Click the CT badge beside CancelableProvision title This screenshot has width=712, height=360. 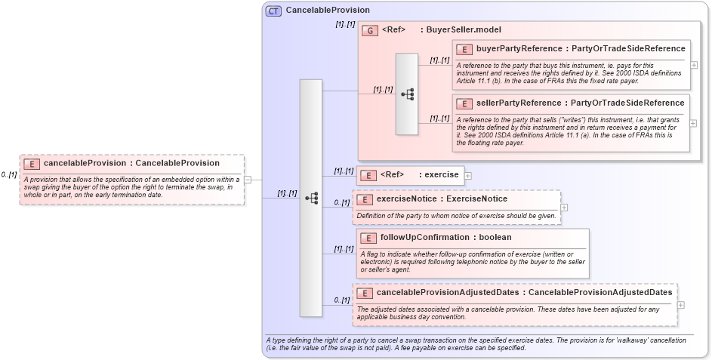(x=273, y=11)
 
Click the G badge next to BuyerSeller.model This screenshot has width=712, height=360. (x=370, y=30)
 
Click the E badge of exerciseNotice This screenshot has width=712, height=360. (x=364, y=199)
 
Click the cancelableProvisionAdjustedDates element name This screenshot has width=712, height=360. (x=450, y=292)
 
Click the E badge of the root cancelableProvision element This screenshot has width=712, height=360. (x=32, y=163)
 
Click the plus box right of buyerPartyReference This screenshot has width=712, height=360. (x=694, y=65)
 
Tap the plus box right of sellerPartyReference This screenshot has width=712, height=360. (x=694, y=122)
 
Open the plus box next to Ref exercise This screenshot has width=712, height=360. (x=468, y=175)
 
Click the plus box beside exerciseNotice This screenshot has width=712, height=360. (x=564, y=207)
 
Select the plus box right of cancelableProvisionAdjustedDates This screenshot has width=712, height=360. (x=681, y=305)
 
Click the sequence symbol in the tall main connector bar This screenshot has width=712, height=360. (x=310, y=198)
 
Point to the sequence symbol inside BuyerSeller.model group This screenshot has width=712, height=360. (x=407, y=94)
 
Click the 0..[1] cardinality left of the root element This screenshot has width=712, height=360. (x=9, y=175)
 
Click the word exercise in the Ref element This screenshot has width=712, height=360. (x=441, y=174)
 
